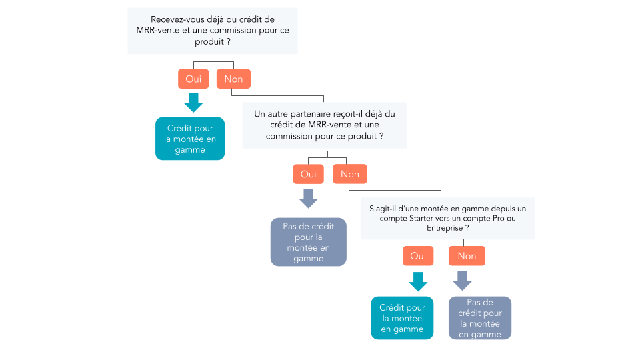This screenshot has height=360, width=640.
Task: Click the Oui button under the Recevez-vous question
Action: [193, 79]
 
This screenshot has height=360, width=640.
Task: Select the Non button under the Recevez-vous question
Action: [233, 79]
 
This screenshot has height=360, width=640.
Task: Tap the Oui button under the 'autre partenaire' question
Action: [308, 174]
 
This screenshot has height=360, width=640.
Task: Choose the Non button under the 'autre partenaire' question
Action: [350, 174]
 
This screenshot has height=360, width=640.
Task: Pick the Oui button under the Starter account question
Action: [418, 256]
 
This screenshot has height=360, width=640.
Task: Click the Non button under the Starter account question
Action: [467, 256]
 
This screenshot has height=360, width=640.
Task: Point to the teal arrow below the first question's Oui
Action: [193, 102]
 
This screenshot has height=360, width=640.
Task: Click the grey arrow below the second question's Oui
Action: [308, 198]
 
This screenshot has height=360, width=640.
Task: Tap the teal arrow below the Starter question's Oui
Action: [418, 281]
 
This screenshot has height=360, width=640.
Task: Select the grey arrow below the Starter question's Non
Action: [462, 281]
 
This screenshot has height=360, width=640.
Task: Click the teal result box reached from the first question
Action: [190, 139]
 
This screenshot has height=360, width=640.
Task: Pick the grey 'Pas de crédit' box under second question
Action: [308, 242]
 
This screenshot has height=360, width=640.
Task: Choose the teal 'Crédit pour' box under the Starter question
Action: [402, 318]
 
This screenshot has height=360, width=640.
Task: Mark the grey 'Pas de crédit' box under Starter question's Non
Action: [480, 318]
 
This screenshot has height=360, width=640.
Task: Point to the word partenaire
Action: [309, 114]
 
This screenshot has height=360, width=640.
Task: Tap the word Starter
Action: [427, 218]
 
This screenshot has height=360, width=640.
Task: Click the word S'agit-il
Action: [386, 208]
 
